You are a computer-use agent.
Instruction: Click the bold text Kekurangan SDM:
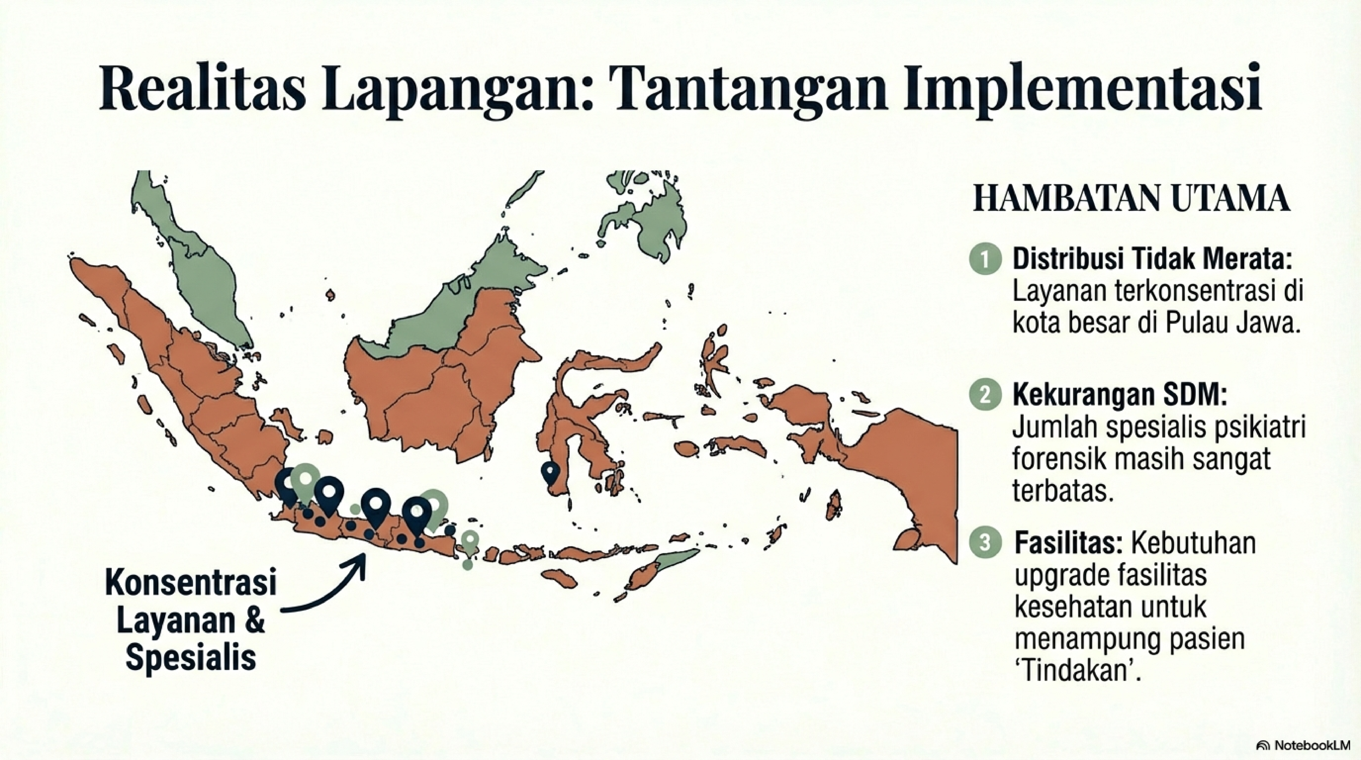click(x=1119, y=395)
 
